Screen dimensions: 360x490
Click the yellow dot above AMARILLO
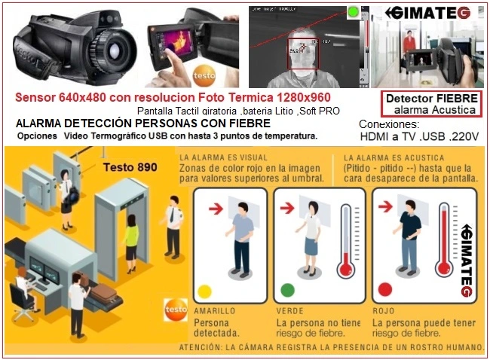[x=204, y=291]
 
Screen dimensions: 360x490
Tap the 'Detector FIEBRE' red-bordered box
[x=430, y=104]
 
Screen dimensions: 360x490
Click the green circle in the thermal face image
[x=352, y=13]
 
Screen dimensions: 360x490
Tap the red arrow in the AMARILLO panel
[x=215, y=209]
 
